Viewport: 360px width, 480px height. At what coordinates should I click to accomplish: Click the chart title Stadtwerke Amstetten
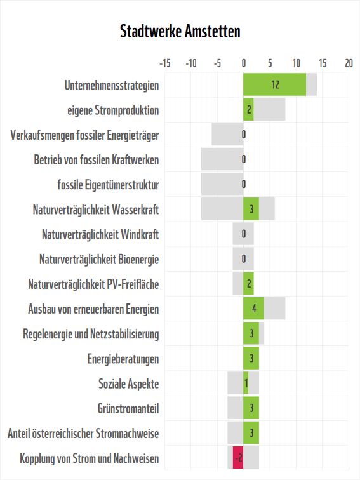[x=180, y=31]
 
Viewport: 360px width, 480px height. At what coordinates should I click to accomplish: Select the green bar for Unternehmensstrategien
[x=274, y=84]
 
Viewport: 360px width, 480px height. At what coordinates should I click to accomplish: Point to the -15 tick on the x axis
[x=164, y=63]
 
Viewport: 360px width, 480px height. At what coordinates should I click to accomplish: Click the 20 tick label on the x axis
[x=349, y=63]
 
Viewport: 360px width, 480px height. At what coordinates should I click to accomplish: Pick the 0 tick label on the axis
[x=244, y=63]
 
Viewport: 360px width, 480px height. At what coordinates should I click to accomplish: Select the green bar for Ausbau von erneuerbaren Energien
[x=253, y=309]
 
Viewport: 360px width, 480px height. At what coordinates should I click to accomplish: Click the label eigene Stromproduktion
[x=113, y=110]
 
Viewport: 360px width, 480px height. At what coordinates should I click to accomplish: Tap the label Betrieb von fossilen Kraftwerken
[x=97, y=160]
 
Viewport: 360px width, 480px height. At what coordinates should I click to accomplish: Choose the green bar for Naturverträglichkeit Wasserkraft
[x=251, y=209]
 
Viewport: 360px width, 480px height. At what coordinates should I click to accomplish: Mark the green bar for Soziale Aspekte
[x=246, y=383]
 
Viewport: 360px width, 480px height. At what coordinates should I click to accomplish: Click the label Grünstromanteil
[x=128, y=408]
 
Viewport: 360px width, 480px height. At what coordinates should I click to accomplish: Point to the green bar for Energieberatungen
[x=251, y=359]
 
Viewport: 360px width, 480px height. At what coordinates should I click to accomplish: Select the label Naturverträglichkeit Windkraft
[x=100, y=235]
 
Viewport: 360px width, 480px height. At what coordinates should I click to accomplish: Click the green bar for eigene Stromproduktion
[x=248, y=110]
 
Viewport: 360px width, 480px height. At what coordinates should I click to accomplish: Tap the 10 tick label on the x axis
[x=296, y=63]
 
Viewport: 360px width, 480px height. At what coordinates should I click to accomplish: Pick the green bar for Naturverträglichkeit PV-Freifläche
[x=248, y=284]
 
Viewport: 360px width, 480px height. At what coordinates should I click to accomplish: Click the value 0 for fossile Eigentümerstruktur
[x=244, y=185]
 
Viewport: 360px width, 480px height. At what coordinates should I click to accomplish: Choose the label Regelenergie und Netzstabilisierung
[x=91, y=334]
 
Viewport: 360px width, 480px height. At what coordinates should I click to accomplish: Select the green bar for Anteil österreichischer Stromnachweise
[x=251, y=433]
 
